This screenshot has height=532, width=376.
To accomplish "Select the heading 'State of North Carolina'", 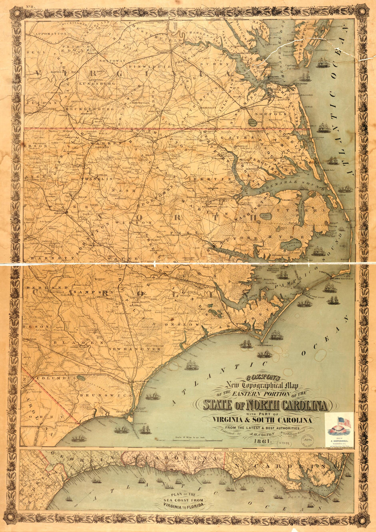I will [x=265, y=405].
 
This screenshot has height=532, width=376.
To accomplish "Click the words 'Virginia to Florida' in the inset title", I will [x=183, y=505].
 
